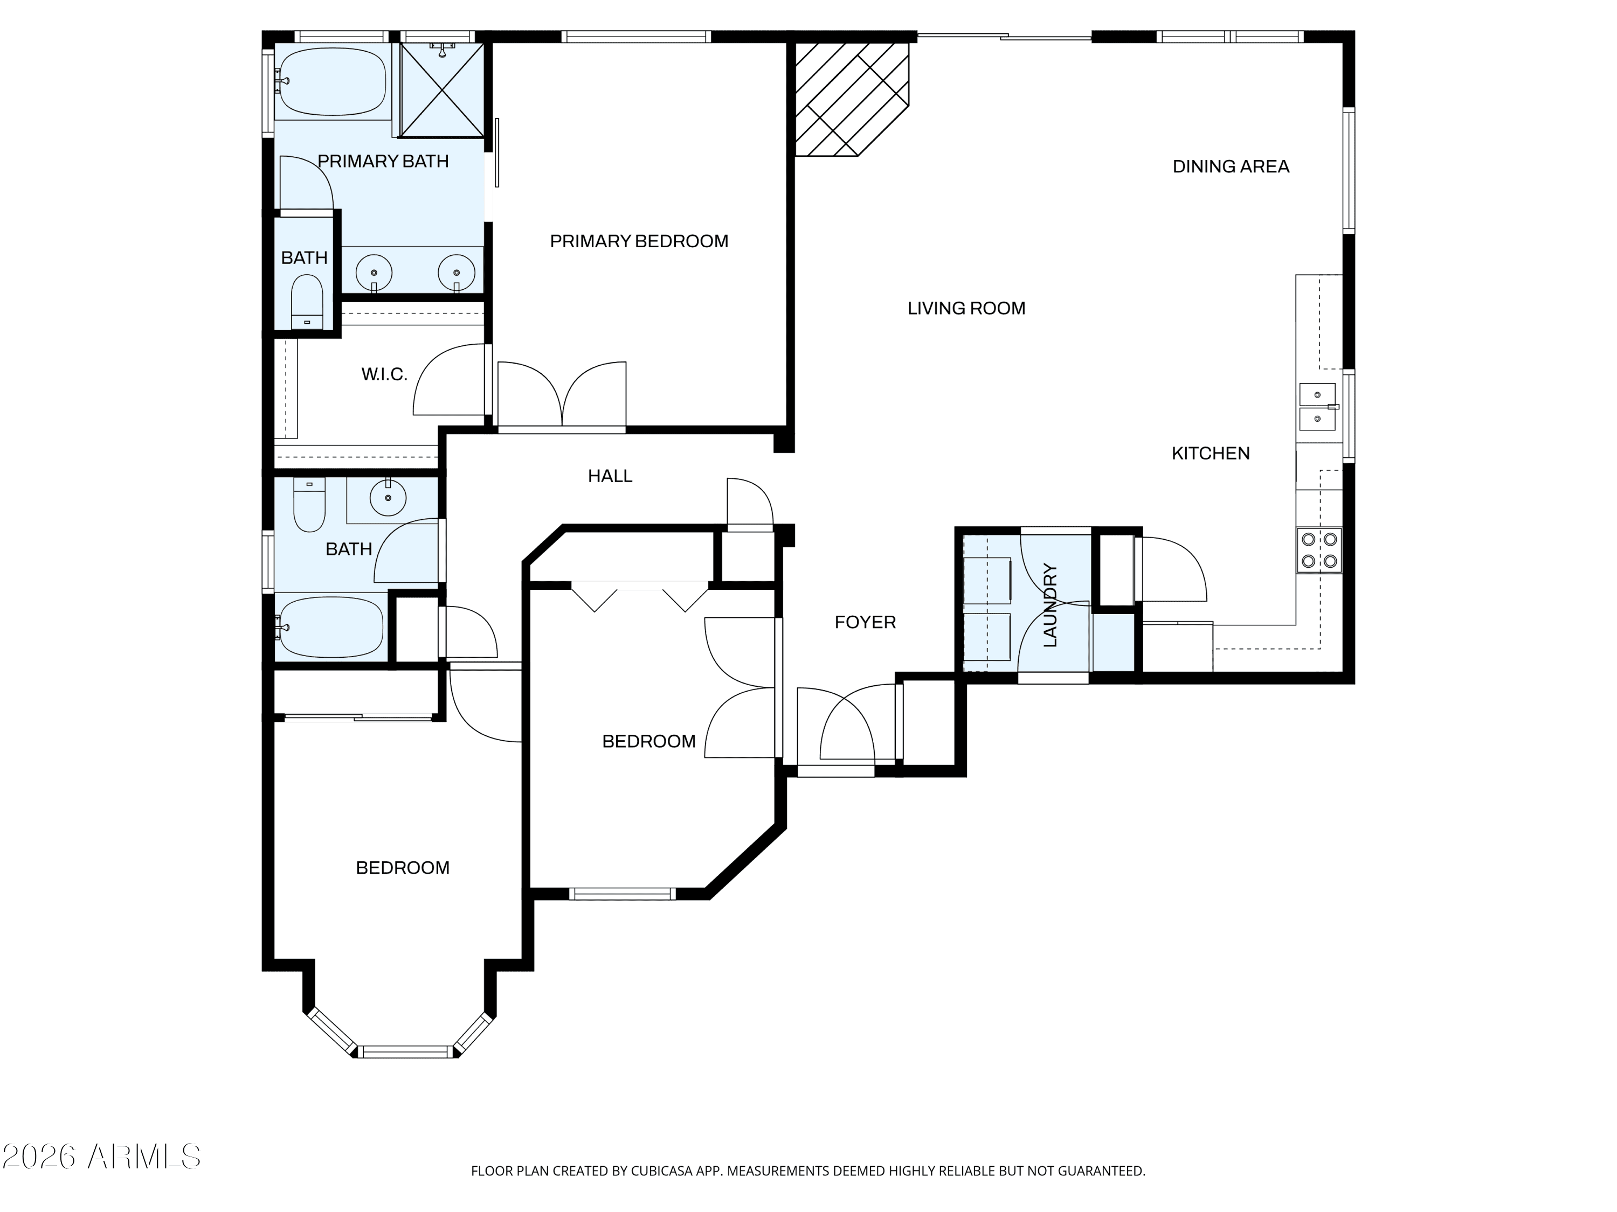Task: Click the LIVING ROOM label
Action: [966, 308]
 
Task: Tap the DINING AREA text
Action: [1231, 166]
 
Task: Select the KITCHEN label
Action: [1211, 453]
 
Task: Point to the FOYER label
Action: [865, 622]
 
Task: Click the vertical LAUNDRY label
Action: [1051, 605]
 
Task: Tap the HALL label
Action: [610, 476]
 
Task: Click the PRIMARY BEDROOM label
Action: [639, 241]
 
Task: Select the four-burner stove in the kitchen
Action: [1319, 550]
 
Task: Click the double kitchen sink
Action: [1318, 407]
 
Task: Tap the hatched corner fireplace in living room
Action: [852, 99]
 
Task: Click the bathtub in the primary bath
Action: [333, 82]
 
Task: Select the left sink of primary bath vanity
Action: [374, 273]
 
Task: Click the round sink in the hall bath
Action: [388, 499]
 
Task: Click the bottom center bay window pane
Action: [406, 1052]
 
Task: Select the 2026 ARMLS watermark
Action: [101, 1157]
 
